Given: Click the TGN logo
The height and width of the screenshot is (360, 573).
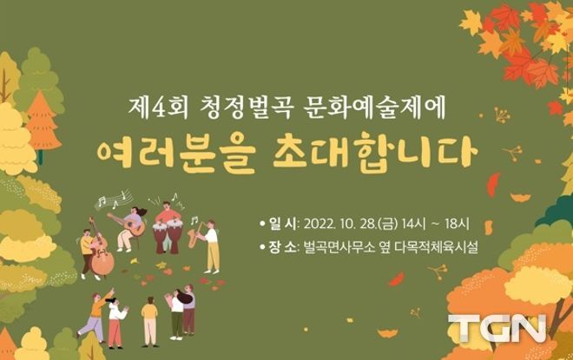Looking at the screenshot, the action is point(497,328).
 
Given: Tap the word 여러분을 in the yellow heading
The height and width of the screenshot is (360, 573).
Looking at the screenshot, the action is point(175,156).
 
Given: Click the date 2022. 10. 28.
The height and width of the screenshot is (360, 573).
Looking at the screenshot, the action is point(339,224).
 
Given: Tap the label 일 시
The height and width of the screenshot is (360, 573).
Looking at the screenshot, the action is point(282,224).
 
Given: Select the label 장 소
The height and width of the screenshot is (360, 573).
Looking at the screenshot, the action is point(282,247).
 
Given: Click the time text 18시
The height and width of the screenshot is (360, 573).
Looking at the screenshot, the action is point(457,224).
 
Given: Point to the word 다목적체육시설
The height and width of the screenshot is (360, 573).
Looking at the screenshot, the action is point(437,247).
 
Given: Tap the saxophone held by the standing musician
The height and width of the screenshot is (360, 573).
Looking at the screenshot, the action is point(194,235).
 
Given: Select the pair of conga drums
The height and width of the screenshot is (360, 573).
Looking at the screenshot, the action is point(168,237).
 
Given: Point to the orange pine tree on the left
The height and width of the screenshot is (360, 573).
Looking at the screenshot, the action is point(43,122).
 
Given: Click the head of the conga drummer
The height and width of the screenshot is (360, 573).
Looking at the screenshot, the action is point(167,206).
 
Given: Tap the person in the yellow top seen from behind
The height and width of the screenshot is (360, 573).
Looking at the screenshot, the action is point(149,322).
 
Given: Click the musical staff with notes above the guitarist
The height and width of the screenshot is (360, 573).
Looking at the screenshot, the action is point(113,200).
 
